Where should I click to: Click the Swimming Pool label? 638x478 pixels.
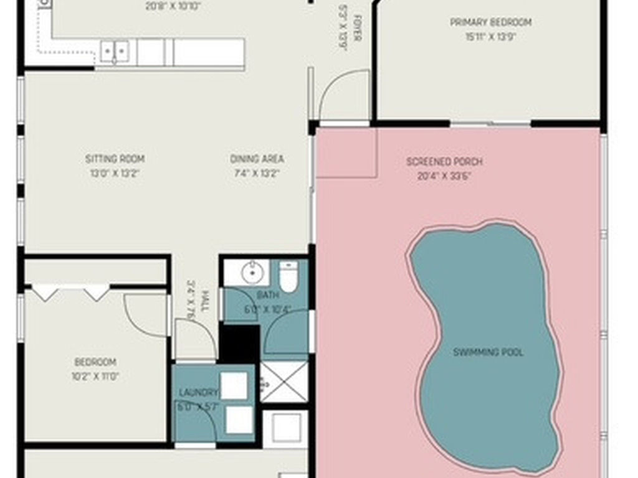click(488, 352)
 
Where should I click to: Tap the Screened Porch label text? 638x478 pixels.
click(444, 162)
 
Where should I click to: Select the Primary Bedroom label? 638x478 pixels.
click(491, 22)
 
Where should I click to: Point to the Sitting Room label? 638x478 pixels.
click(115, 159)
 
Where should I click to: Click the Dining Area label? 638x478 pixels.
click(257, 159)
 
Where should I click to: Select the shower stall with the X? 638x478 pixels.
click(283, 381)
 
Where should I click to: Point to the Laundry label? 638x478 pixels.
click(198, 392)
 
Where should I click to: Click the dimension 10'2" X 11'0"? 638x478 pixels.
click(96, 376)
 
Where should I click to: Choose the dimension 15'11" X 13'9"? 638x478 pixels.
click(491, 36)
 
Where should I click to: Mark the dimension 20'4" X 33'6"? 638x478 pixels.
click(444, 176)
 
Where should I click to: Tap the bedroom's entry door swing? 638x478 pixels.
click(146, 314)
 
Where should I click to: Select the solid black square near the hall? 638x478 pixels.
click(239, 343)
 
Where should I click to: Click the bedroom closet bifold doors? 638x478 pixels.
click(70, 293)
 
